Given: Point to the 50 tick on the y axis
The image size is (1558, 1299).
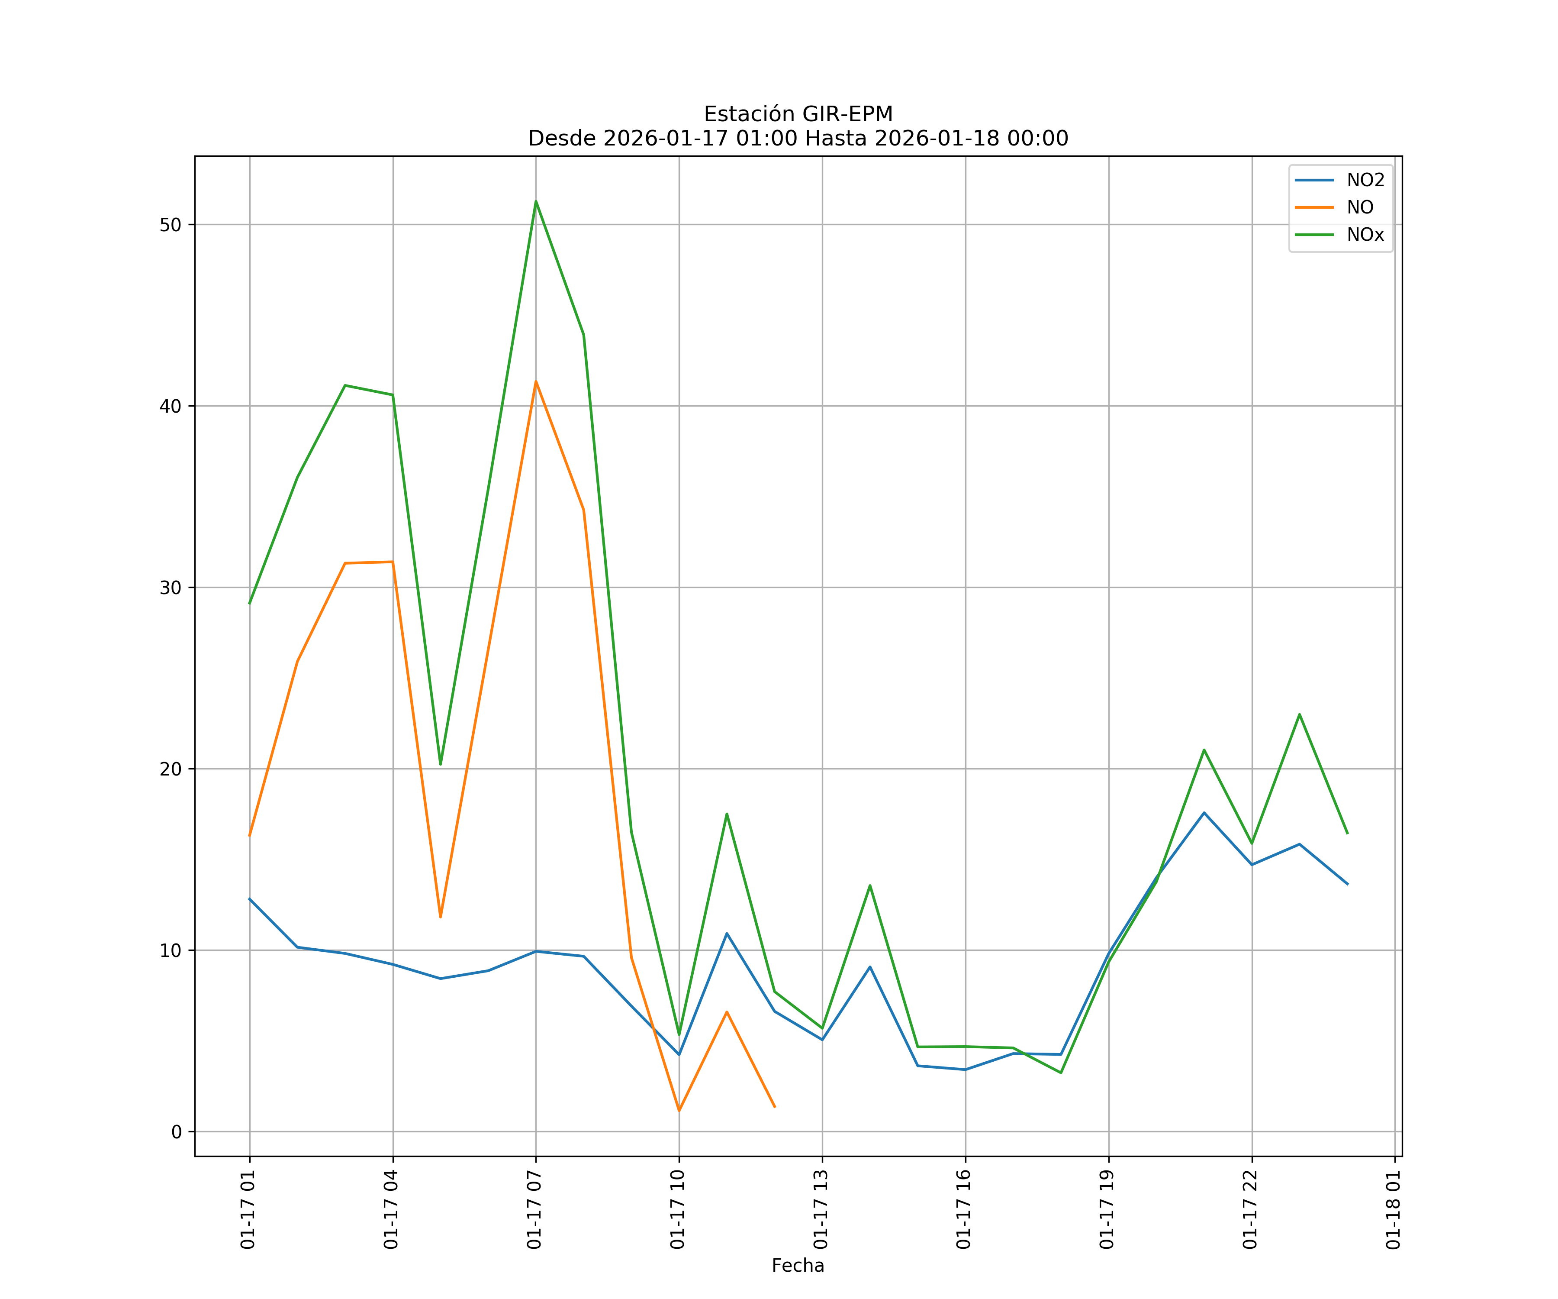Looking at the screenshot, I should pyautogui.click(x=171, y=225).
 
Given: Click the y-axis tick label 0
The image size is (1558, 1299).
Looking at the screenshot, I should pyautogui.click(x=177, y=1132).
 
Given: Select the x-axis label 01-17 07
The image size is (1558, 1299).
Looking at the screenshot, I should pyautogui.click(x=534, y=1209).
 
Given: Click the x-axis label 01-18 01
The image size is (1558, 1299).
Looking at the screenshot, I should pyautogui.click(x=1393, y=1209).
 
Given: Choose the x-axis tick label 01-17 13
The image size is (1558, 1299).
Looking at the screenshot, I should pyautogui.click(x=821, y=1209).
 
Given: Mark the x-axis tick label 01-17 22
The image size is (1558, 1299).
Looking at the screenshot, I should pyautogui.click(x=1250, y=1209).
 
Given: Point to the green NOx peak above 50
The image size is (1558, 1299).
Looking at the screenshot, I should pyautogui.click(x=536, y=201).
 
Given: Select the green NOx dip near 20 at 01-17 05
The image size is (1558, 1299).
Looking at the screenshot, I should pyautogui.click(x=440, y=764).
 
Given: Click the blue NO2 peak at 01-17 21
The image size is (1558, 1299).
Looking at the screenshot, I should pyautogui.click(x=1204, y=813).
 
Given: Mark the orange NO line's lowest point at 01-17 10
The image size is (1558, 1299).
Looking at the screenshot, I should pyautogui.click(x=679, y=1111).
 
